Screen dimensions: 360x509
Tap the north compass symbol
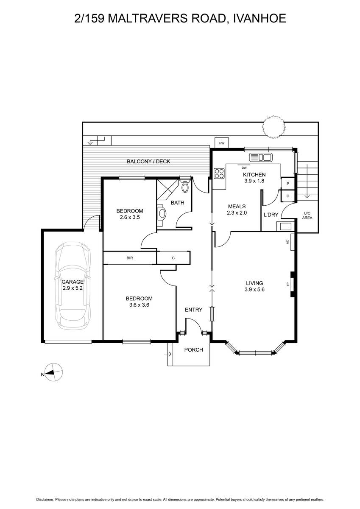pyautogui.click(x=53, y=372)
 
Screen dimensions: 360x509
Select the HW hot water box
pyautogui.click(x=222, y=143)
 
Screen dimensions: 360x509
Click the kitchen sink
pyautogui.click(x=261, y=157)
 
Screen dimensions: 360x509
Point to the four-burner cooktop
pyautogui.click(x=219, y=173)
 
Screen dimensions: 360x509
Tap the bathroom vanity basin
pyautogui.click(x=162, y=213)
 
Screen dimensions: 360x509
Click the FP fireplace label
pyautogui.click(x=288, y=284)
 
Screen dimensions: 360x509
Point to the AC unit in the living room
pyautogui.click(x=292, y=242)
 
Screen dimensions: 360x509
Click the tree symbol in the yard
pyautogui.click(x=273, y=127)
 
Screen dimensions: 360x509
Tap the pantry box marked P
pyautogui.click(x=288, y=184)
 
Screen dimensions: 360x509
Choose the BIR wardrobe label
pyautogui.click(x=130, y=258)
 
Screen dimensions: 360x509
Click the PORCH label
pyautogui.click(x=193, y=350)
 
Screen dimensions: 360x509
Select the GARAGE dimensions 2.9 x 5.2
pyautogui.click(x=73, y=288)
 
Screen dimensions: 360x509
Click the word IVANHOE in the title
pyautogui.click(x=257, y=18)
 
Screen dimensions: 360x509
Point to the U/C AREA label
pyautogui.click(x=307, y=215)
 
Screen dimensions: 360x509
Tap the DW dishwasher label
pyautogui.click(x=244, y=168)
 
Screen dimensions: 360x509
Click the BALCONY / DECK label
pyautogui.click(x=148, y=161)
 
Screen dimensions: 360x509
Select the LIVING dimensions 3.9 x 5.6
pyautogui.click(x=254, y=289)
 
